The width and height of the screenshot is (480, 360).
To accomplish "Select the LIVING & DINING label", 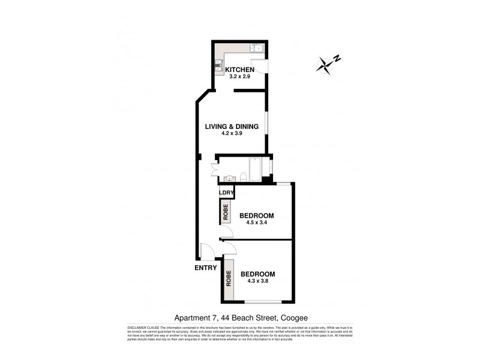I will click(x=232, y=127).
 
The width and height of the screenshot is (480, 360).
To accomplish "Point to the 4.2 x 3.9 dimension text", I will click(x=232, y=134).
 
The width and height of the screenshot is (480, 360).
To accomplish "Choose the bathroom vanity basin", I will click(x=230, y=178).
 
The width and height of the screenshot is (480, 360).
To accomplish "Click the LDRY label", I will click(x=226, y=193).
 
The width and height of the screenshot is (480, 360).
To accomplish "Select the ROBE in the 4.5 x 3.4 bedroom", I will click(x=226, y=214).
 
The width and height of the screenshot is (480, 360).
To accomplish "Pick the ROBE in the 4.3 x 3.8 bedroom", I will click(x=229, y=279).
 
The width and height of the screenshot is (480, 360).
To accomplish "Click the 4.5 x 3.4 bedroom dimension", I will click(x=256, y=223).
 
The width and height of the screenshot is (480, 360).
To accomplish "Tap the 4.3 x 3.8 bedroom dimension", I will click(x=259, y=283).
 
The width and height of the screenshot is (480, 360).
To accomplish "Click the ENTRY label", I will click(x=205, y=268).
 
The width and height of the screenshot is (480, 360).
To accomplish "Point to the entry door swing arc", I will click(x=206, y=251).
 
